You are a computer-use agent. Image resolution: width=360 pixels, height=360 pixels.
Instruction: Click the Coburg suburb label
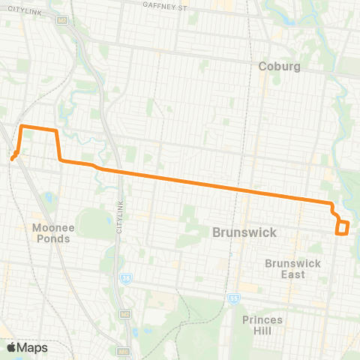coord(280,66)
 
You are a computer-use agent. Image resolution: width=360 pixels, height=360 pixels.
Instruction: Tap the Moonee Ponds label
coord(52,233)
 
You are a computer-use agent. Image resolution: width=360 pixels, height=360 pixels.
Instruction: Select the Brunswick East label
coord(293,268)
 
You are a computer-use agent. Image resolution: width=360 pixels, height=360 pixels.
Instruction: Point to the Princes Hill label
coord(262,325)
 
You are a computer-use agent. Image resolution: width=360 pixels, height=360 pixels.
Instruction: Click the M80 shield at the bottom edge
coord(124,350)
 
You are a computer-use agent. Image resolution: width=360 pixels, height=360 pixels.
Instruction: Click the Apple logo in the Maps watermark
coord(12,346)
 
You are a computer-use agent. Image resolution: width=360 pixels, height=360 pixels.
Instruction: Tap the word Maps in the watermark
coord(32,347)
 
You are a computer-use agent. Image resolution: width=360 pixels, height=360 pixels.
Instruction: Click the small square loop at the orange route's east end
coord(343,228)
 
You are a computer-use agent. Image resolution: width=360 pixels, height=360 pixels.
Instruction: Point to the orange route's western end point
coord(13,157)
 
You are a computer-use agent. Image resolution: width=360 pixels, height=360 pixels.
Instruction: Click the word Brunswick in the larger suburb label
coord(244,232)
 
